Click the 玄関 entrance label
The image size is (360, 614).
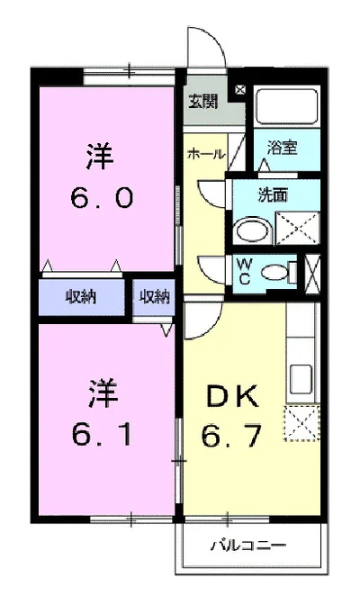[202, 101]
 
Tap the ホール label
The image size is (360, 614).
[205, 154]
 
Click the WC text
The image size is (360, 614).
[244, 269]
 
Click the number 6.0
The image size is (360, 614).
[100, 196]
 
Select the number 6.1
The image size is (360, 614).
[100, 436]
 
